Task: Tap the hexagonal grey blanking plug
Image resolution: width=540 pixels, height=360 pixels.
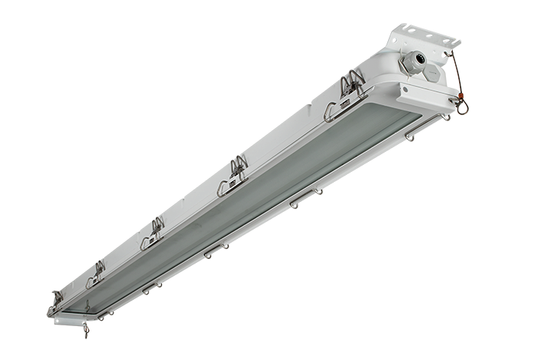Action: (x=431, y=73)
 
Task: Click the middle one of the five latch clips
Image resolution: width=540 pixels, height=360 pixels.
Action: (x=154, y=230)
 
